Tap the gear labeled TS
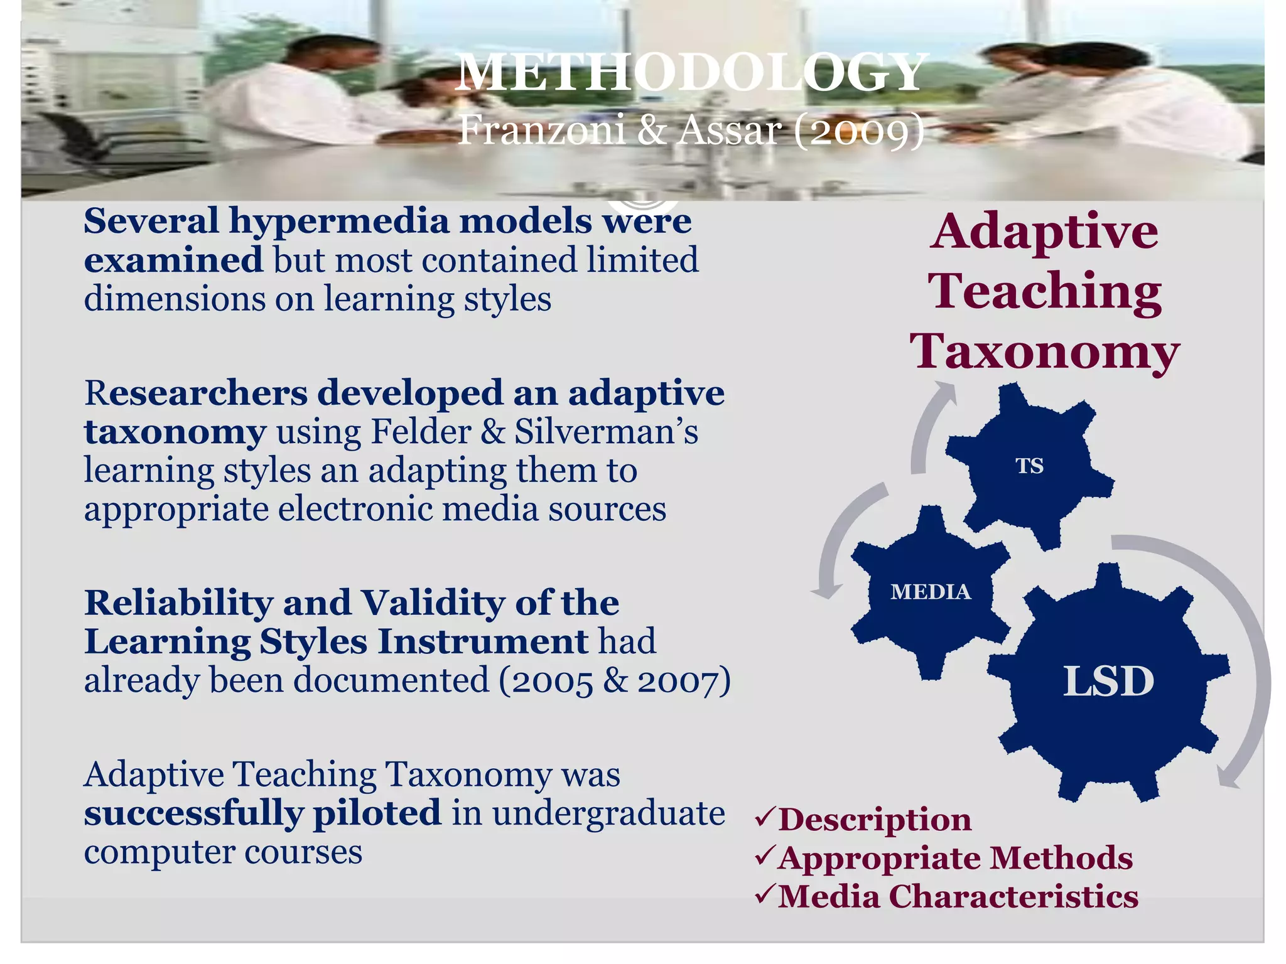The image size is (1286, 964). click(x=1030, y=466)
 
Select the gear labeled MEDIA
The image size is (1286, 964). click(x=930, y=592)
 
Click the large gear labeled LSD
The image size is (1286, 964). click(x=1108, y=682)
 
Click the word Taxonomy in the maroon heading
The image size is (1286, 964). click(x=1045, y=351)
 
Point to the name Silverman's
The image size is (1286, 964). click(x=606, y=432)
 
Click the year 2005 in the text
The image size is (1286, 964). click(x=553, y=682)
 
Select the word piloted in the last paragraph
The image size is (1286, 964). click(x=377, y=814)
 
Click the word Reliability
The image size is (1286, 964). click(x=178, y=604)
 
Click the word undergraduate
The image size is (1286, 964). click(x=608, y=814)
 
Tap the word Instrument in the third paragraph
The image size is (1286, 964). click(x=482, y=643)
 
